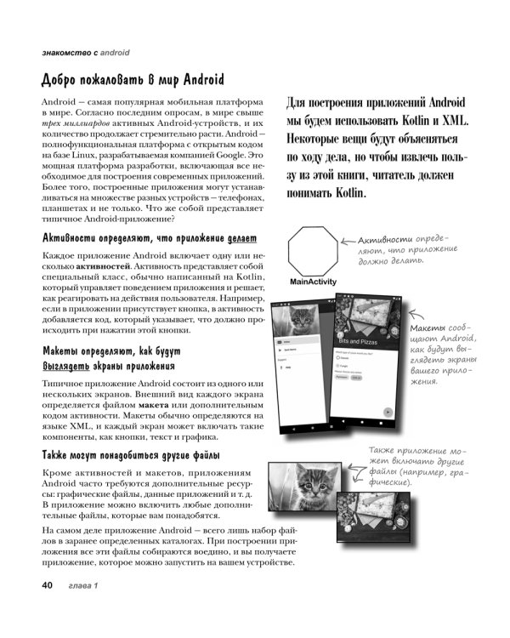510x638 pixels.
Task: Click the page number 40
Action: [42, 585]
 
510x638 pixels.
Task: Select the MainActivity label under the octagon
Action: [313, 282]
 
